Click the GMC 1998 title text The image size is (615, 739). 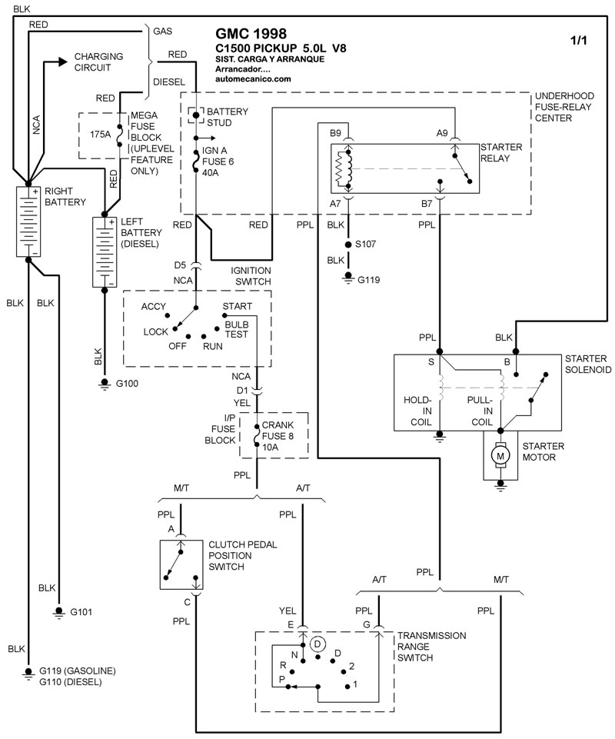pos(251,34)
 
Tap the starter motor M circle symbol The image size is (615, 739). pos(500,457)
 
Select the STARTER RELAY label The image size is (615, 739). pos(501,152)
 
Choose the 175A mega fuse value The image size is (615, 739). pos(101,134)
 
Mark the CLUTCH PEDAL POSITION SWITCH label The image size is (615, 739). pos(242,555)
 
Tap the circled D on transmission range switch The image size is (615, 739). pos(319,643)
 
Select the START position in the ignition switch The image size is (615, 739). pos(236,306)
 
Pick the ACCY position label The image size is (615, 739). pos(154,306)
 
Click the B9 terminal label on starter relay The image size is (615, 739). pos(336,133)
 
